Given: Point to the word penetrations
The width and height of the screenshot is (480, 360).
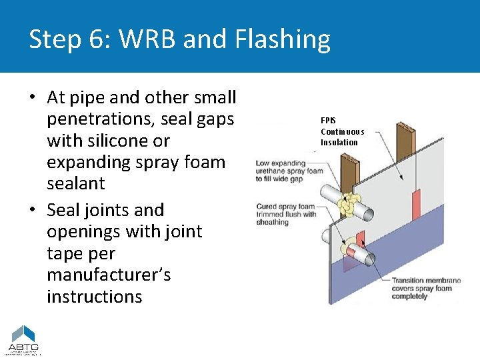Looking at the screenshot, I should [x=103, y=119].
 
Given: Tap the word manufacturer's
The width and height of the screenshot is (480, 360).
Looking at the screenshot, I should [x=109, y=275].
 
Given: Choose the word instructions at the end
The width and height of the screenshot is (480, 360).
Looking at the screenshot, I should [x=94, y=297].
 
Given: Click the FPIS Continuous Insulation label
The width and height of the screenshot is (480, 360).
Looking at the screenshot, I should [x=342, y=131].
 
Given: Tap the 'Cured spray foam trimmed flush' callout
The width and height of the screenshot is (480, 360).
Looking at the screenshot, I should [x=286, y=214].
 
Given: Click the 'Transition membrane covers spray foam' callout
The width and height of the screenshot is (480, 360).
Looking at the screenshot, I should [x=423, y=288].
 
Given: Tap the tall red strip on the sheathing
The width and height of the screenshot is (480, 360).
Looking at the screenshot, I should [x=416, y=205].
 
